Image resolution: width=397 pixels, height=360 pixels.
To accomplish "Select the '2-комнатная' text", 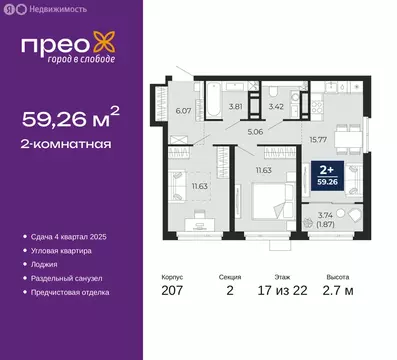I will pyautogui.click(x=67, y=148).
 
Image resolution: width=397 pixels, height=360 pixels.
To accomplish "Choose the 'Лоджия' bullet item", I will pyautogui.click(x=55, y=264).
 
